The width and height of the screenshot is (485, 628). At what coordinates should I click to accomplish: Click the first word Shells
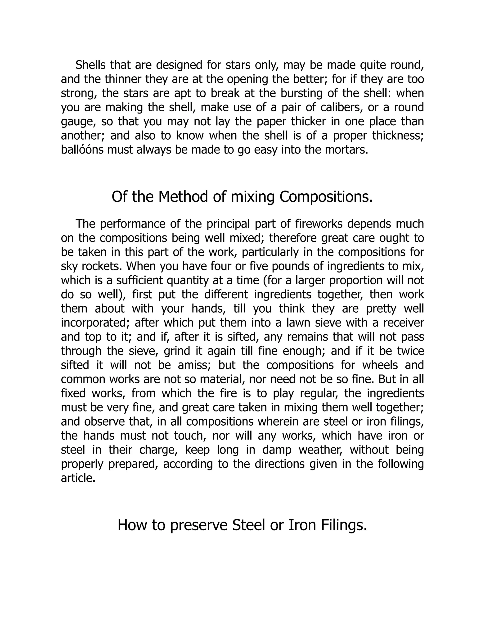pyautogui.click(x=90, y=65)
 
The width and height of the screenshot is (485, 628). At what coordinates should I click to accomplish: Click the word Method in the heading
pyautogui.click(x=183, y=197)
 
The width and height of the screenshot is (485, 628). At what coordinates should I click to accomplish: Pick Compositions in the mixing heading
pyautogui.click(x=326, y=197)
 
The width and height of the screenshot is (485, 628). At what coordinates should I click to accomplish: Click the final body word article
pyautogui.click(x=78, y=478)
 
